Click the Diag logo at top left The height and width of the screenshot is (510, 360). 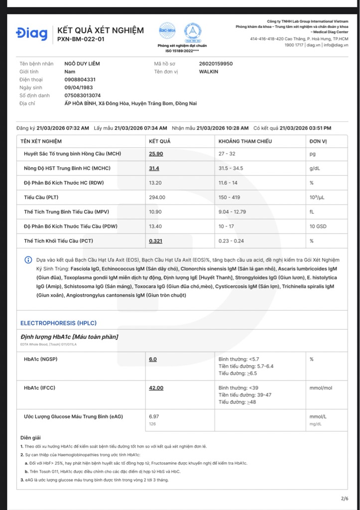32,34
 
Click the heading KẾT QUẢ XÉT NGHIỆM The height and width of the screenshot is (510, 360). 101,30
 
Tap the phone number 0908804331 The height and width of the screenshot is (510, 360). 80,80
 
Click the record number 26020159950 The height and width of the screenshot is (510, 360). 216,64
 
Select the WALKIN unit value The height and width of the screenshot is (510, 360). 209,72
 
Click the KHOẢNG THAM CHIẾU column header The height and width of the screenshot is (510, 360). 245,141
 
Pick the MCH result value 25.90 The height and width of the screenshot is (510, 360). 156,154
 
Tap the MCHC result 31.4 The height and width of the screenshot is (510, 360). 154,168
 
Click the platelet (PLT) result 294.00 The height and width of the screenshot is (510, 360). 157,197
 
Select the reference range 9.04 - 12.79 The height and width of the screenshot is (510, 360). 232,212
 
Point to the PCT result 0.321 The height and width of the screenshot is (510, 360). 156,241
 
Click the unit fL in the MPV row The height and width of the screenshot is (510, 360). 312,212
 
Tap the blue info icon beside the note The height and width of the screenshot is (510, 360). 28,260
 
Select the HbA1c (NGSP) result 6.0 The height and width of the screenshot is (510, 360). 153,359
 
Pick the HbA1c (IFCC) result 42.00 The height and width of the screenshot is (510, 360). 156,388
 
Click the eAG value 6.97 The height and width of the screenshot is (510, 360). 154,416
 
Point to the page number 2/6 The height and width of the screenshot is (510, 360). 345,499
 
